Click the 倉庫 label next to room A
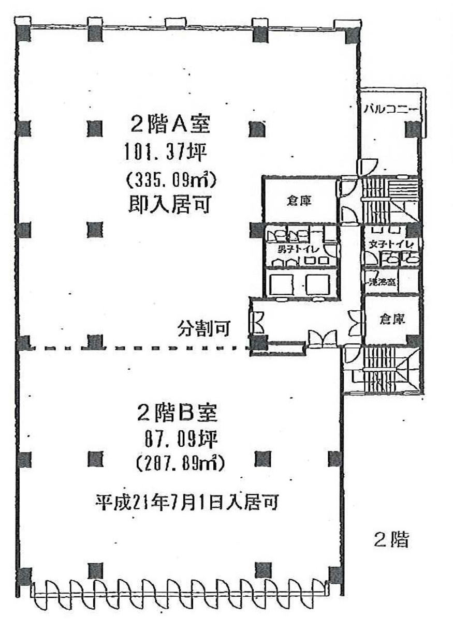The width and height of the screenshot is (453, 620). (x=299, y=202)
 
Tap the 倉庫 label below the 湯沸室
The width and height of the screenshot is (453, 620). (x=391, y=320)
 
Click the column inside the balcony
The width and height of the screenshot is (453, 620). (x=413, y=129)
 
